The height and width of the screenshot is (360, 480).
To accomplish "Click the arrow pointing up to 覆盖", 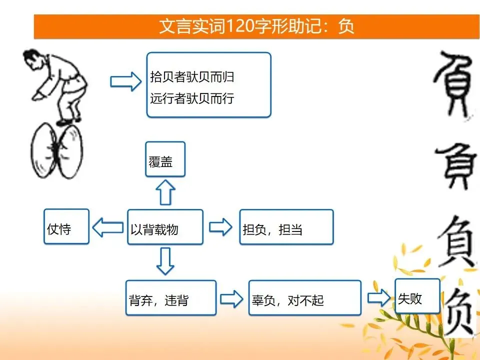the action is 165,192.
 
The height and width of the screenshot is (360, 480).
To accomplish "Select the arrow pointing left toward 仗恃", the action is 108,227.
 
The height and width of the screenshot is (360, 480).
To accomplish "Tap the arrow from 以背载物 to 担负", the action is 220,227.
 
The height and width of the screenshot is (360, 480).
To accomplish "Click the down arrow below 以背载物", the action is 165,261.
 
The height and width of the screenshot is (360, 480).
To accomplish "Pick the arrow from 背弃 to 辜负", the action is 231,299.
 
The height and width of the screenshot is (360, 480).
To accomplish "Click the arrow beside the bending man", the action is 126,81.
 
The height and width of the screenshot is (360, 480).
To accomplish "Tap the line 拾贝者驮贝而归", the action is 192,77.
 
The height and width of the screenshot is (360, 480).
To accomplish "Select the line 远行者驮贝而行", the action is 192,98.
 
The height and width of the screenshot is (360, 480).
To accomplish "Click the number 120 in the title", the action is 239,26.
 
